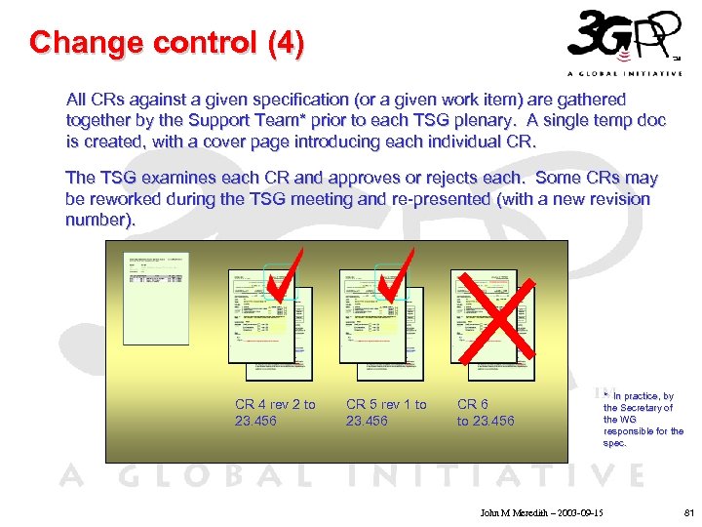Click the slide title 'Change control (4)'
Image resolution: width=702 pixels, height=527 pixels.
(x=167, y=43)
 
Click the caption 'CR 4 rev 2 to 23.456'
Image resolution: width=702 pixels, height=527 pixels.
(x=275, y=412)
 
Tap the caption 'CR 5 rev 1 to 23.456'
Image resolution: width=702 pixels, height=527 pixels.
(x=386, y=412)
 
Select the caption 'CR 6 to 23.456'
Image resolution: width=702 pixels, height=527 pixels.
(x=486, y=412)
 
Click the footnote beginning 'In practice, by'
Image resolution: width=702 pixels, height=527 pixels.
(x=643, y=419)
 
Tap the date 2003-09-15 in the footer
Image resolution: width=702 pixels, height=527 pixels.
(x=576, y=512)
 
